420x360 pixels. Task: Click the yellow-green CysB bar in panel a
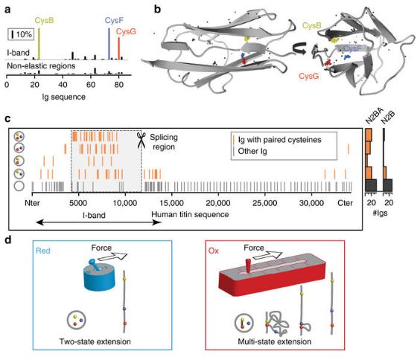pyautogui.click(x=39, y=44)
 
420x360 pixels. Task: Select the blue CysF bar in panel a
pyautogui.click(x=109, y=44)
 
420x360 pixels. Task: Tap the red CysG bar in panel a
pyautogui.click(x=119, y=48)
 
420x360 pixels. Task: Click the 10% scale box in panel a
pyautogui.click(x=21, y=34)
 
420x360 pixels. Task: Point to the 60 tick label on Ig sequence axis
pyautogui.click(x=91, y=85)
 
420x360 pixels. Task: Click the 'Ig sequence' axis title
pyautogui.click(x=64, y=97)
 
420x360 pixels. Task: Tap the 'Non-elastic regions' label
pyautogui.click(x=41, y=65)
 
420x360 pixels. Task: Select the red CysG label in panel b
pyautogui.click(x=309, y=76)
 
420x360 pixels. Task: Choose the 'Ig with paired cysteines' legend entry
pyautogui.click(x=277, y=140)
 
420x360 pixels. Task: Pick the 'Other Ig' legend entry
pyautogui.click(x=250, y=152)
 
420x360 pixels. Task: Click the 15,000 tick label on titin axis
pyautogui.click(x=172, y=203)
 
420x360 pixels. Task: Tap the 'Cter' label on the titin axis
pyautogui.click(x=345, y=203)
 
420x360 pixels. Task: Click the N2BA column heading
pyautogui.click(x=374, y=116)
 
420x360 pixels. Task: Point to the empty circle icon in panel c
pyautogui.click(x=19, y=186)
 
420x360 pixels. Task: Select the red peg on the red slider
pyautogui.click(x=248, y=266)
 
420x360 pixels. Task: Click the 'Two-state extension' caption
pyautogui.click(x=95, y=341)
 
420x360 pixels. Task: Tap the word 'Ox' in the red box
pyautogui.click(x=214, y=251)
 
